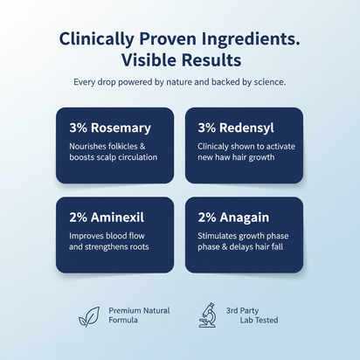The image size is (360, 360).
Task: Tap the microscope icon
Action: (208, 315)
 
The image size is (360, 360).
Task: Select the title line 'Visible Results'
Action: (180, 61)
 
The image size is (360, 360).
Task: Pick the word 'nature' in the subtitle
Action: (176, 83)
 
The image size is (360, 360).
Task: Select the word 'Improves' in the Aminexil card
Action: (87, 235)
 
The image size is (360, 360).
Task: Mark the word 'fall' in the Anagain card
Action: (281, 247)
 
